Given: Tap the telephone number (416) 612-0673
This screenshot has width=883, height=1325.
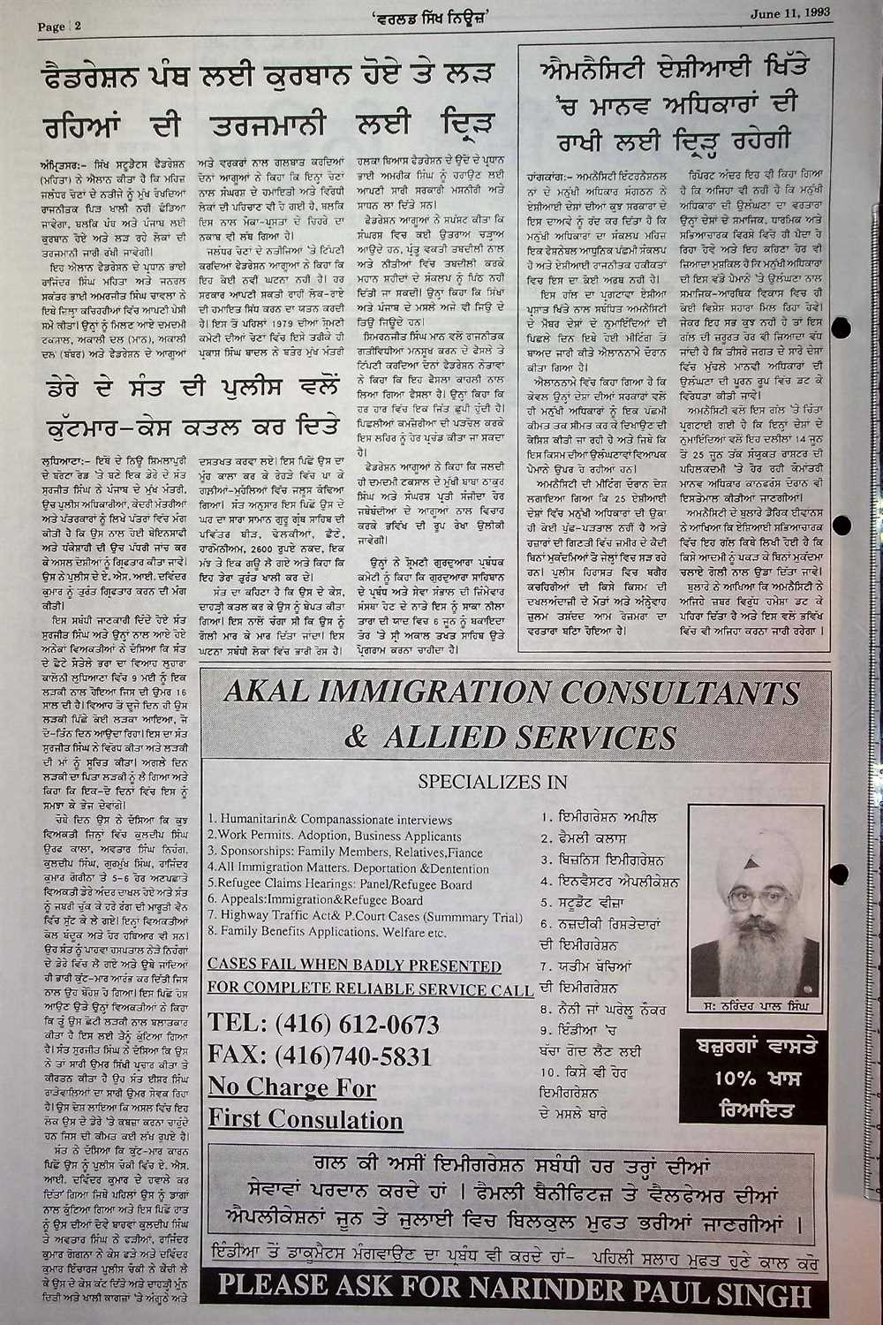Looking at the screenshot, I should point(322,1024).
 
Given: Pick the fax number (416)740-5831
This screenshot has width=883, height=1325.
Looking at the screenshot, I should point(320,1056).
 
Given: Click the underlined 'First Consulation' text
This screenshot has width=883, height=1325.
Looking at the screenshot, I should point(306,1119).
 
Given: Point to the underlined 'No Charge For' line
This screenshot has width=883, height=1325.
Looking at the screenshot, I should point(291,1087).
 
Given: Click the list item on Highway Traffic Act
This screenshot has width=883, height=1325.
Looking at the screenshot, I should point(364,918).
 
